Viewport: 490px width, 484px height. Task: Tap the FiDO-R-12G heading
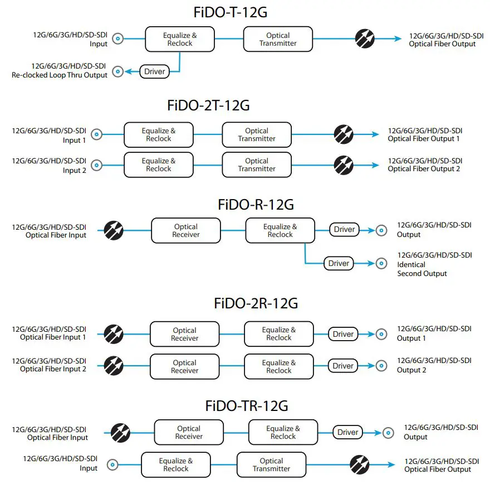click(x=256, y=205)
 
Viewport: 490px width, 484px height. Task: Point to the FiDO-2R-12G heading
click(x=256, y=303)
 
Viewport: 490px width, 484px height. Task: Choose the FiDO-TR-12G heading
click(x=247, y=405)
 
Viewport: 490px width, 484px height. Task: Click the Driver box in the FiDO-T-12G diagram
click(x=154, y=71)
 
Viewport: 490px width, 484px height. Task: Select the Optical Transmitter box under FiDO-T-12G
click(x=278, y=39)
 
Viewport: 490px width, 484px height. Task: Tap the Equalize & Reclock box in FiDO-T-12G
click(x=179, y=39)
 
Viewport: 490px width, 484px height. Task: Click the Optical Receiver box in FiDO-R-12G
click(x=185, y=230)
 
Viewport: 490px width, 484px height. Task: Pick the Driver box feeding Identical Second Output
click(x=339, y=263)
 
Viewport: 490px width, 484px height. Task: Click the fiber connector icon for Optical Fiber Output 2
click(x=343, y=165)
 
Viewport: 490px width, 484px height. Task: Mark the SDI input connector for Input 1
click(x=97, y=134)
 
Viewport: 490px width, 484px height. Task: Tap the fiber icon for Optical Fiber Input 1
click(x=114, y=333)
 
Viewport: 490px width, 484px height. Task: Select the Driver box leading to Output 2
click(x=343, y=366)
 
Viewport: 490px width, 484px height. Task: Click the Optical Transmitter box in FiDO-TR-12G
click(x=271, y=464)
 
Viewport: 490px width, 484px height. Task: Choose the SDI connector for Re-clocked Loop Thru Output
click(x=117, y=71)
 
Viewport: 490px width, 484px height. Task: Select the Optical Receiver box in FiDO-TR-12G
click(x=189, y=433)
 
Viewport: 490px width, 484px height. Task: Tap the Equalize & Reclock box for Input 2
click(x=159, y=165)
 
